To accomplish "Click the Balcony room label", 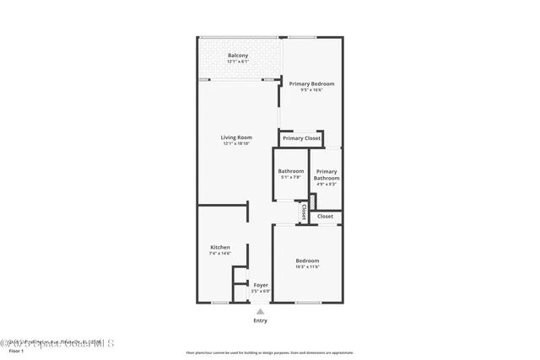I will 237,56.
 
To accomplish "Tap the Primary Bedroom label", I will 311,83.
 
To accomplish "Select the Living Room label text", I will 237,137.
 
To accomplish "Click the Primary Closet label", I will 301,138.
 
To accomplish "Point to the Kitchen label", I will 219,247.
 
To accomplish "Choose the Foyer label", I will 261,285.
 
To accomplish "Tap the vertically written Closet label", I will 304,212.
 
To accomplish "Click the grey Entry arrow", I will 261,312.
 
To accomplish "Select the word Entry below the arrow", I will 261,320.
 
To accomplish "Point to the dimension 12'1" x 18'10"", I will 237,144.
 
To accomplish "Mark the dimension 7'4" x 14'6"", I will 219,253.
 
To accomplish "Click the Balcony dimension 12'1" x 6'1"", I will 237,62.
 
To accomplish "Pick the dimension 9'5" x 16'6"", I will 311,89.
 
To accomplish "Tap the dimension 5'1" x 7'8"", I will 290,177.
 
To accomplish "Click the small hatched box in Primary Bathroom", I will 312,203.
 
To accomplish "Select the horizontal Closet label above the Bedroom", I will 325,217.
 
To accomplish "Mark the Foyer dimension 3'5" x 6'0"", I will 261,291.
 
